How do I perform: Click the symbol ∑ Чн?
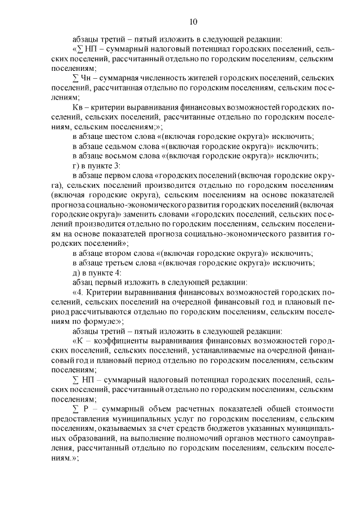coord(82,78)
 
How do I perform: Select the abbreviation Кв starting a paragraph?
coord(79,107)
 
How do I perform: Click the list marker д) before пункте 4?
coord(76,272)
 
